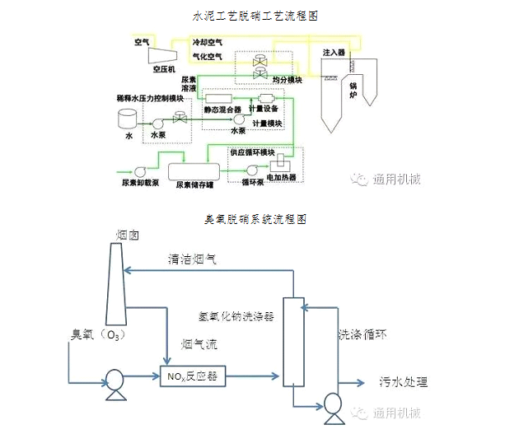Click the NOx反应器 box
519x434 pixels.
192,377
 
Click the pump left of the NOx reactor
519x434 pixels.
112,380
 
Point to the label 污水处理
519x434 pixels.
404,383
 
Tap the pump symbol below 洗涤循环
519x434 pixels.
333,406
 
